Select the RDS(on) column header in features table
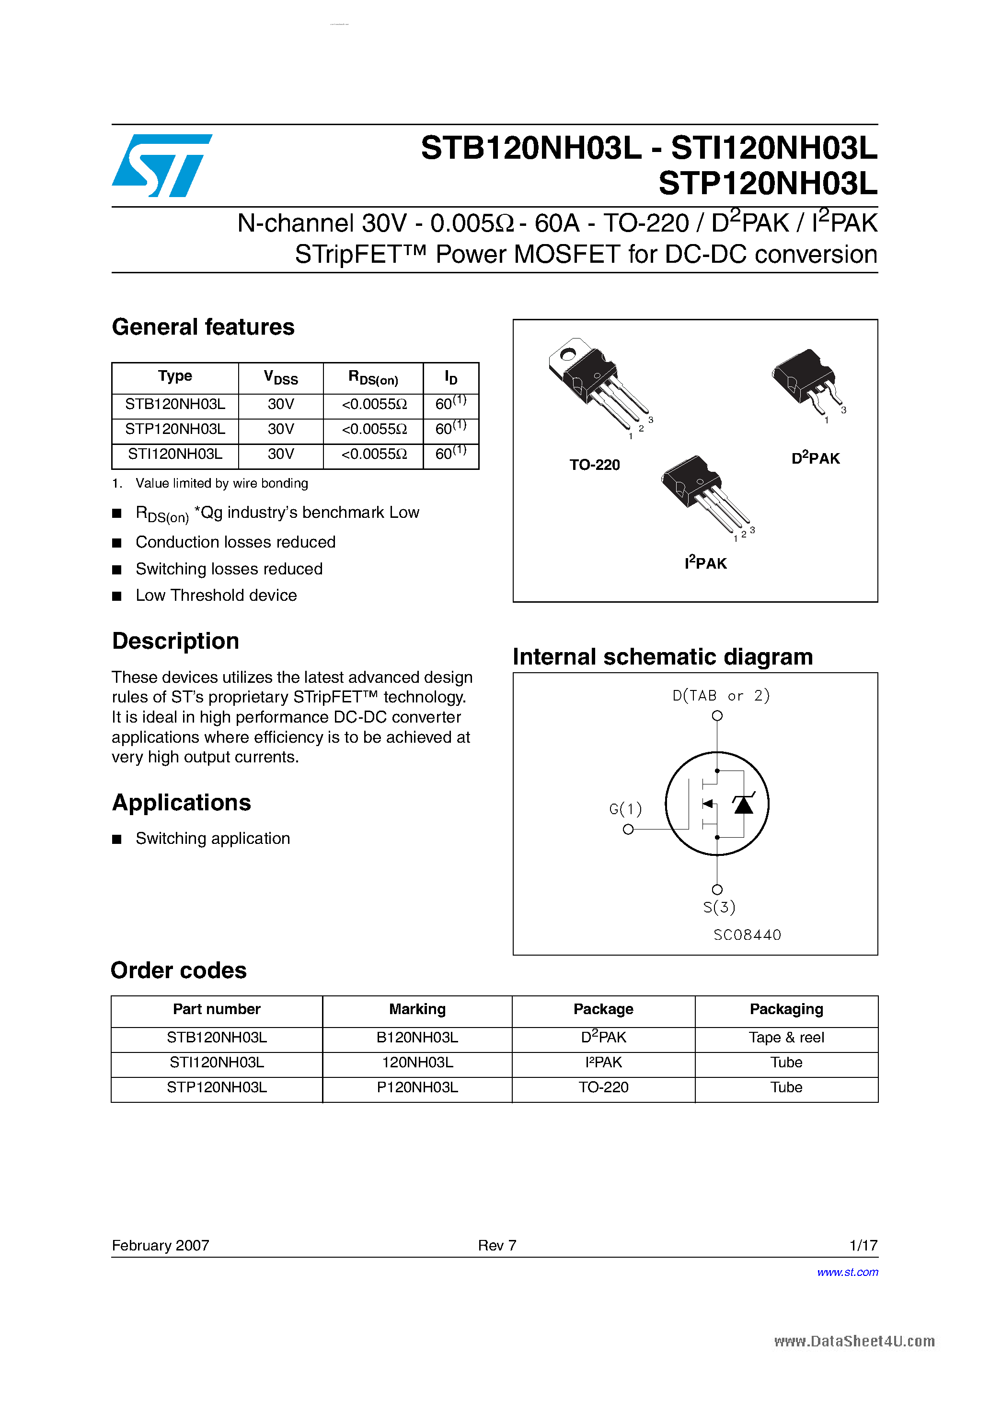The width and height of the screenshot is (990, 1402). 373,378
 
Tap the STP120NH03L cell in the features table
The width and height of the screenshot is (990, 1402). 175,429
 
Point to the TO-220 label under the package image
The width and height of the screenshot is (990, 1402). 595,465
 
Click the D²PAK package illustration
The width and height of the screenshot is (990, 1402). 806,382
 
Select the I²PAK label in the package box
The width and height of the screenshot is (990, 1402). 705,563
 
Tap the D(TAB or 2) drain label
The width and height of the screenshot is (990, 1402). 720,696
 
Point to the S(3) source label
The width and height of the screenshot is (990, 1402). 719,907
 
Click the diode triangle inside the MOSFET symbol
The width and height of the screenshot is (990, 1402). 743,805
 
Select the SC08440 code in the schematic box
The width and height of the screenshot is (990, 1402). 747,935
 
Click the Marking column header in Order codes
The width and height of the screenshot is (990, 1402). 417,1009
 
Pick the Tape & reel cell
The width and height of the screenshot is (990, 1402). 786,1038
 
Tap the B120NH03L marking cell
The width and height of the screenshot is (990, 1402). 417,1038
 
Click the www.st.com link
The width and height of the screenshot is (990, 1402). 847,1272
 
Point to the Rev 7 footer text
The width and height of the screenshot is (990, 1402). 497,1245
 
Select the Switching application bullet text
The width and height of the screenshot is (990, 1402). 212,839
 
